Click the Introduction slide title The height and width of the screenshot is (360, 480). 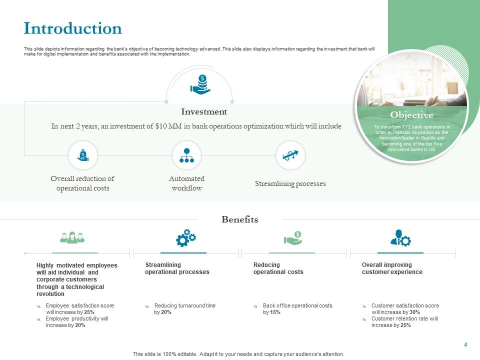tap(73, 28)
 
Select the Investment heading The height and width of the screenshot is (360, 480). tap(204, 112)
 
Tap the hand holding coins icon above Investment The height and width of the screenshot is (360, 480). tap(200, 85)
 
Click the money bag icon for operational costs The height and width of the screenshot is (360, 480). tap(83, 155)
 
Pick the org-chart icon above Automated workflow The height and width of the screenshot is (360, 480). tap(186, 155)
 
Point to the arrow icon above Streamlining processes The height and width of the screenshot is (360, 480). tap(290, 155)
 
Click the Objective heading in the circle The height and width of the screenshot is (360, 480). tap(411, 115)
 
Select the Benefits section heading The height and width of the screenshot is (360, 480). tap(240, 219)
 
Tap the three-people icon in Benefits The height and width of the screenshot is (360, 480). tap(72, 237)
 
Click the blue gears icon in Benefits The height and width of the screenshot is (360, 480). tap(185, 238)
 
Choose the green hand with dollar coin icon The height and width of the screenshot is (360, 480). tap(293, 238)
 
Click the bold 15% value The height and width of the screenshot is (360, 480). tap(275, 312)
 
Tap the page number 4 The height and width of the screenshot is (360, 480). tap(465, 344)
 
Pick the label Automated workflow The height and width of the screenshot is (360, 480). tap(186, 183)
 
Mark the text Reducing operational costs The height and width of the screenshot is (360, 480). tap(278, 268)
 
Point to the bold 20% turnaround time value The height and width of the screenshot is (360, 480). tap(166, 312)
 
